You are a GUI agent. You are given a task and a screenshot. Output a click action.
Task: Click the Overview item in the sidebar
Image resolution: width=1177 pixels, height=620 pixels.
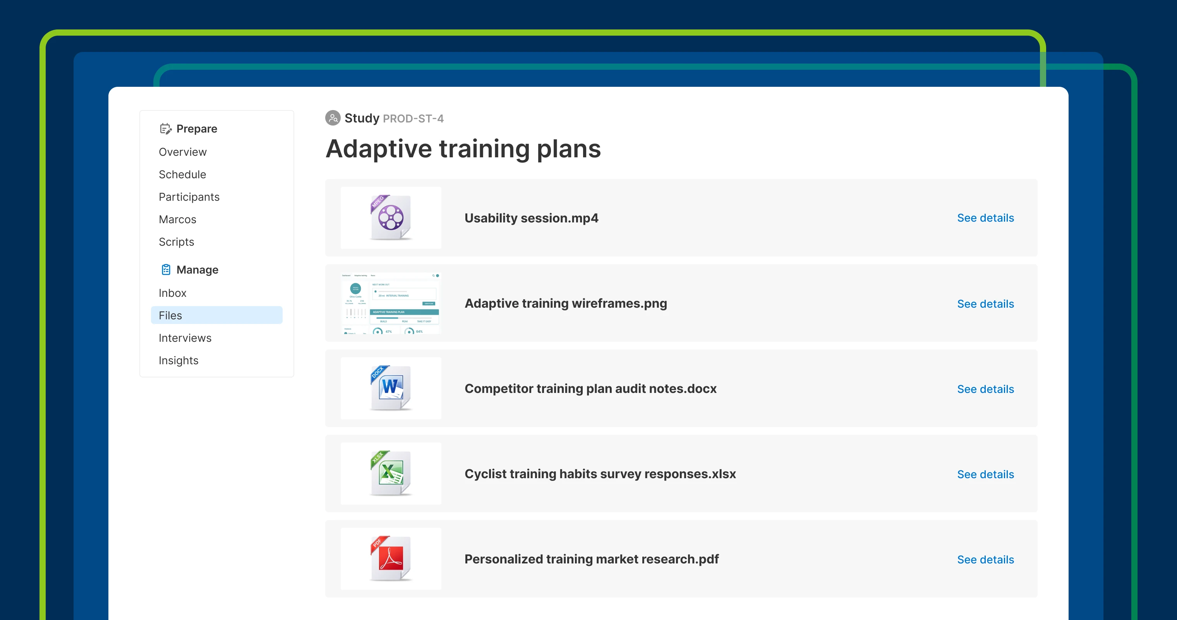182,152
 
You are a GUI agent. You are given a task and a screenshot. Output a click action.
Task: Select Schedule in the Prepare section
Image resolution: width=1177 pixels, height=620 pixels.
182,174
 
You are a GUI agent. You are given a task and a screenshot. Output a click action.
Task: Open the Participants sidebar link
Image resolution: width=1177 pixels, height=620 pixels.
189,196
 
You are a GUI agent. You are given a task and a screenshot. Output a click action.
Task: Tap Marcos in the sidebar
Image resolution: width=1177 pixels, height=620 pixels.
177,219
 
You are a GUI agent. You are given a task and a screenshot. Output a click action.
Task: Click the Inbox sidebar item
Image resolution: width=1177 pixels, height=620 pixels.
172,293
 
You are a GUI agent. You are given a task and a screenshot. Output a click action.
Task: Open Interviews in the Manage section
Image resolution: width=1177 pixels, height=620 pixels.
185,338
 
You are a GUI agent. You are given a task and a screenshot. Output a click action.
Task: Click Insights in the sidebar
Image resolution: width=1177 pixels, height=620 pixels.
178,360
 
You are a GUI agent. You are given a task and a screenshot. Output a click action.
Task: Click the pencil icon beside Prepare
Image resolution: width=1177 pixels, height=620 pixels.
165,129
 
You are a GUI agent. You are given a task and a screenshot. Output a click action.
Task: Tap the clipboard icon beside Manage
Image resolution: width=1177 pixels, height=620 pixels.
166,269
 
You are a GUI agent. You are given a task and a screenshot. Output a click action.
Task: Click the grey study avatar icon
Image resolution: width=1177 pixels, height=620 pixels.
333,118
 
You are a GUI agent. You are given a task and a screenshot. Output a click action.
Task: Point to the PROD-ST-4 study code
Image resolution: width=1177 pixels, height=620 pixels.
413,119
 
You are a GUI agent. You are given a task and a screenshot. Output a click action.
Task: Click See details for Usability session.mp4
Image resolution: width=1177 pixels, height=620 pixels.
985,218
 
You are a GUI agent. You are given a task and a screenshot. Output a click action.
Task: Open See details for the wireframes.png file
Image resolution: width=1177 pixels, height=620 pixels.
985,303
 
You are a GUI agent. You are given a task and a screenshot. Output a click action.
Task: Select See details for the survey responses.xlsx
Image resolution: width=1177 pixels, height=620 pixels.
985,474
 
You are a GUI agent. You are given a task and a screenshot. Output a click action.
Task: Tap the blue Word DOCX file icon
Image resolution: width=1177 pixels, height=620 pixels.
391,388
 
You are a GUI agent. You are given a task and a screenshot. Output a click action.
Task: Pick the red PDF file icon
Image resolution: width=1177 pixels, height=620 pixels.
391,558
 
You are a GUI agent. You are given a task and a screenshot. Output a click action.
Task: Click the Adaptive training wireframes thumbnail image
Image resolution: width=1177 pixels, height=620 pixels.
391,303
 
